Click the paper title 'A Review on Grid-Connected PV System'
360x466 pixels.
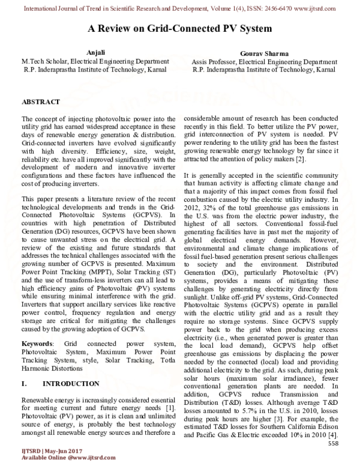pyautogui.click(x=180, y=28)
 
